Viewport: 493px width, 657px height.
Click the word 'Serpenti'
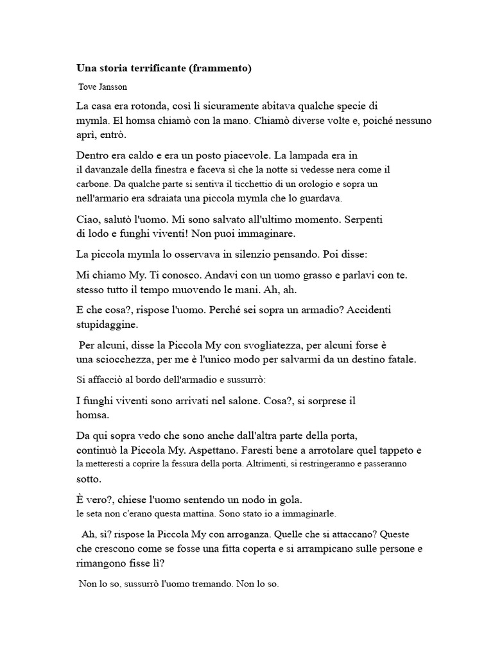(x=364, y=219)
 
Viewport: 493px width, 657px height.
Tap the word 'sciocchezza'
(x=121, y=358)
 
